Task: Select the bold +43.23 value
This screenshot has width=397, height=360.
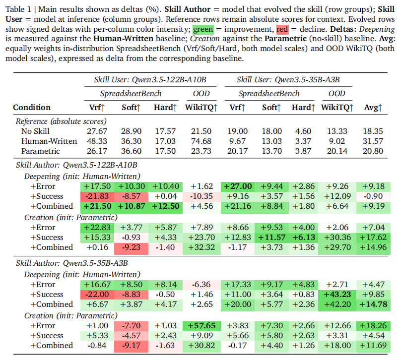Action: [337, 294]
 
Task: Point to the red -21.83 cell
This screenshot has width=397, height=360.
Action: [97, 196]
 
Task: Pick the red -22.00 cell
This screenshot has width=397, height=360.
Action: [97, 294]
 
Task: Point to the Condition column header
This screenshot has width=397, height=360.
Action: [32, 107]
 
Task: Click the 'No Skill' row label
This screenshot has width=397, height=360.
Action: [34, 131]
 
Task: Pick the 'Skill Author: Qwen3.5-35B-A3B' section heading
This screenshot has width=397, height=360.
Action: [72, 263]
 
